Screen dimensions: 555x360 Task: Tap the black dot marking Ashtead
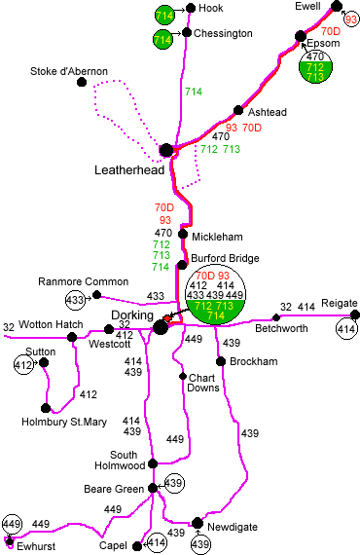[x=238, y=111]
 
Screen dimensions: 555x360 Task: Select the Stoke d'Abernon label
[x=69, y=71]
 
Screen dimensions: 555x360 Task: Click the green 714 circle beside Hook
[x=163, y=15]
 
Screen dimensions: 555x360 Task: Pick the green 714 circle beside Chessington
[x=163, y=39]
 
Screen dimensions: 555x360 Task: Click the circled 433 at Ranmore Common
[x=75, y=298]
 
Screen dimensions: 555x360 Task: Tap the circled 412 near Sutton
[x=24, y=366]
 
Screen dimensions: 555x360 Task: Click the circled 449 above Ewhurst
[x=12, y=525]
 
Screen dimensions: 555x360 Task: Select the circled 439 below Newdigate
[x=199, y=543]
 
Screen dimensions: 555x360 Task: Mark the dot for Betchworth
[x=276, y=317]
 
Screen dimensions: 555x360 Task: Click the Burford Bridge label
[x=219, y=258]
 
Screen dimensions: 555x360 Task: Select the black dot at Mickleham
[x=181, y=237]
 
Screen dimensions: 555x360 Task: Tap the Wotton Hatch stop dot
[x=72, y=336]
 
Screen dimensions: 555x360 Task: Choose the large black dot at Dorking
[x=161, y=327]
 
